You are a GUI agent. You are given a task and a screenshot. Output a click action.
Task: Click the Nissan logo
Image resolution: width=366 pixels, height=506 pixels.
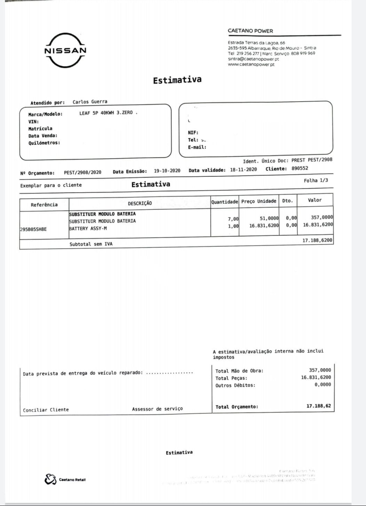pos(65,50)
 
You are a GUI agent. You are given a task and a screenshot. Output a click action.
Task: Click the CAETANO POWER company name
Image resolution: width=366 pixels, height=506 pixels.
pos(250,31)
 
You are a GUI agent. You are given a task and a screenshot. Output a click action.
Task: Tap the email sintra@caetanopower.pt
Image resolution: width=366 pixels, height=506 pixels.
pos(253,59)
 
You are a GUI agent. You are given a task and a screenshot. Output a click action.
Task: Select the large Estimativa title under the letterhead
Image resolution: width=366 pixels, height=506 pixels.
pos(177,80)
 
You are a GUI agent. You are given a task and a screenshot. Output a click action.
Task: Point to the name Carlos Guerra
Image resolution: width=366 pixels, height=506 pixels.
pos(90,102)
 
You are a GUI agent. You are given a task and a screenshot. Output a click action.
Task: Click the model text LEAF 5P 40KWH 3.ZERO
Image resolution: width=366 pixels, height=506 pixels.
pos(106,113)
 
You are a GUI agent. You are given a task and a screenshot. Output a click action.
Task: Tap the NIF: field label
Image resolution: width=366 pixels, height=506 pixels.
pos(193,132)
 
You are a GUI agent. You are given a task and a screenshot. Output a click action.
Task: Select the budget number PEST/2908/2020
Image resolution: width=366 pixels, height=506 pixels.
pos(82,172)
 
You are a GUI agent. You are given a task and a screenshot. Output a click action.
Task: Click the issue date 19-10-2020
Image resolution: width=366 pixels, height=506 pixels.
pos(167,171)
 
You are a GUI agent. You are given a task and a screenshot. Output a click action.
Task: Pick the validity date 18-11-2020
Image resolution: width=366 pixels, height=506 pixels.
pos(243,170)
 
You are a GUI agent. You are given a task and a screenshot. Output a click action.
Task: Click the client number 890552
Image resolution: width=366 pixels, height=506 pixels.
pos(300,168)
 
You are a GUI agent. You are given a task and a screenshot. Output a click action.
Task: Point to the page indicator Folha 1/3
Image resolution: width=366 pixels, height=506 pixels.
pos(316,180)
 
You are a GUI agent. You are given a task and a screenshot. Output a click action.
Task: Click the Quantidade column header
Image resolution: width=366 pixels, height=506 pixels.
pos(224,202)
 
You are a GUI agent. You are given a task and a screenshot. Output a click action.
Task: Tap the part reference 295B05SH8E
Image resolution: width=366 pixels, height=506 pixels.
pos(33,229)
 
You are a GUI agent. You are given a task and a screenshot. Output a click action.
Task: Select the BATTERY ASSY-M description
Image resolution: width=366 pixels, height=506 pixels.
pos(88,228)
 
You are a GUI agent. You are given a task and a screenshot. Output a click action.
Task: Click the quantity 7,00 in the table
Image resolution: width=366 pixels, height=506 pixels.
pos(233,219)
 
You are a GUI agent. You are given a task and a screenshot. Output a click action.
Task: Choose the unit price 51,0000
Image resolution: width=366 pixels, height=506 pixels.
pos(269,218)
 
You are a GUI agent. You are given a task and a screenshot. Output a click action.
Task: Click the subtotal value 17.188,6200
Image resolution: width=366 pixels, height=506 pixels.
pos(317,240)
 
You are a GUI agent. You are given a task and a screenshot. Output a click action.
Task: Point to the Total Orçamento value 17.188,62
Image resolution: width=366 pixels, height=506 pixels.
pos(318,406)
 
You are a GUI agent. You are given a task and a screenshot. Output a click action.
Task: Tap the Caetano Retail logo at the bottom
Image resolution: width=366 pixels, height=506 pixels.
pos(65,480)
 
